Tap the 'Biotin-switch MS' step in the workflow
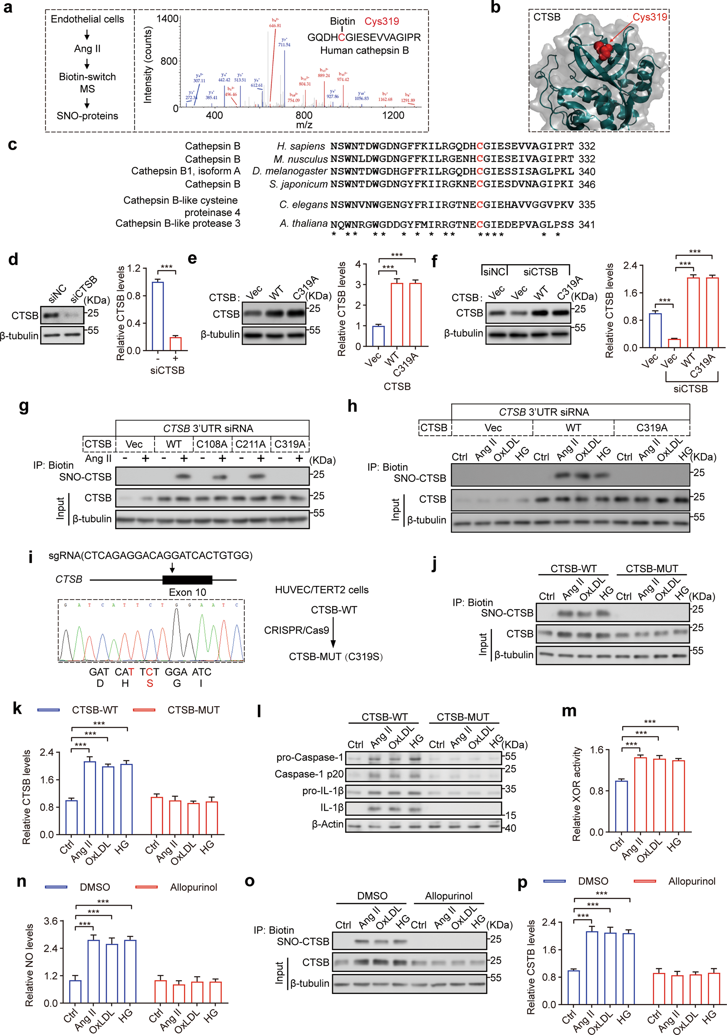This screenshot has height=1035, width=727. coord(87,83)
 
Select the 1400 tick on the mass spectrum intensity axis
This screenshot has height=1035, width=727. coord(167,19)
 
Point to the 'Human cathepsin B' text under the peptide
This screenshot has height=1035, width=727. coord(364,51)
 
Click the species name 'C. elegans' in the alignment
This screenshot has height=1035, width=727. coord(303,205)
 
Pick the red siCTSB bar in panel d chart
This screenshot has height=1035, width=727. coord(175,343)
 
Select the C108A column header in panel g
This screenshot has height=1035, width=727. coord(212,445)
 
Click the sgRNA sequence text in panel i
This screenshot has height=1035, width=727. coord(150,555)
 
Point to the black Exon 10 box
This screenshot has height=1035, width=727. coord(187,580)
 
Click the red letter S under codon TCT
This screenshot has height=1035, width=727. coord(150,683)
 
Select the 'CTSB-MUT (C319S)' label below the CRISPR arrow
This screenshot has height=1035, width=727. coord(335,657)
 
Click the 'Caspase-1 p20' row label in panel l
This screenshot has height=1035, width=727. coord(309,774)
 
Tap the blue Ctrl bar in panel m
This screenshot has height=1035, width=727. coord(622,806)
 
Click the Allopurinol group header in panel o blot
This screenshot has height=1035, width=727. coord(448,896)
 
